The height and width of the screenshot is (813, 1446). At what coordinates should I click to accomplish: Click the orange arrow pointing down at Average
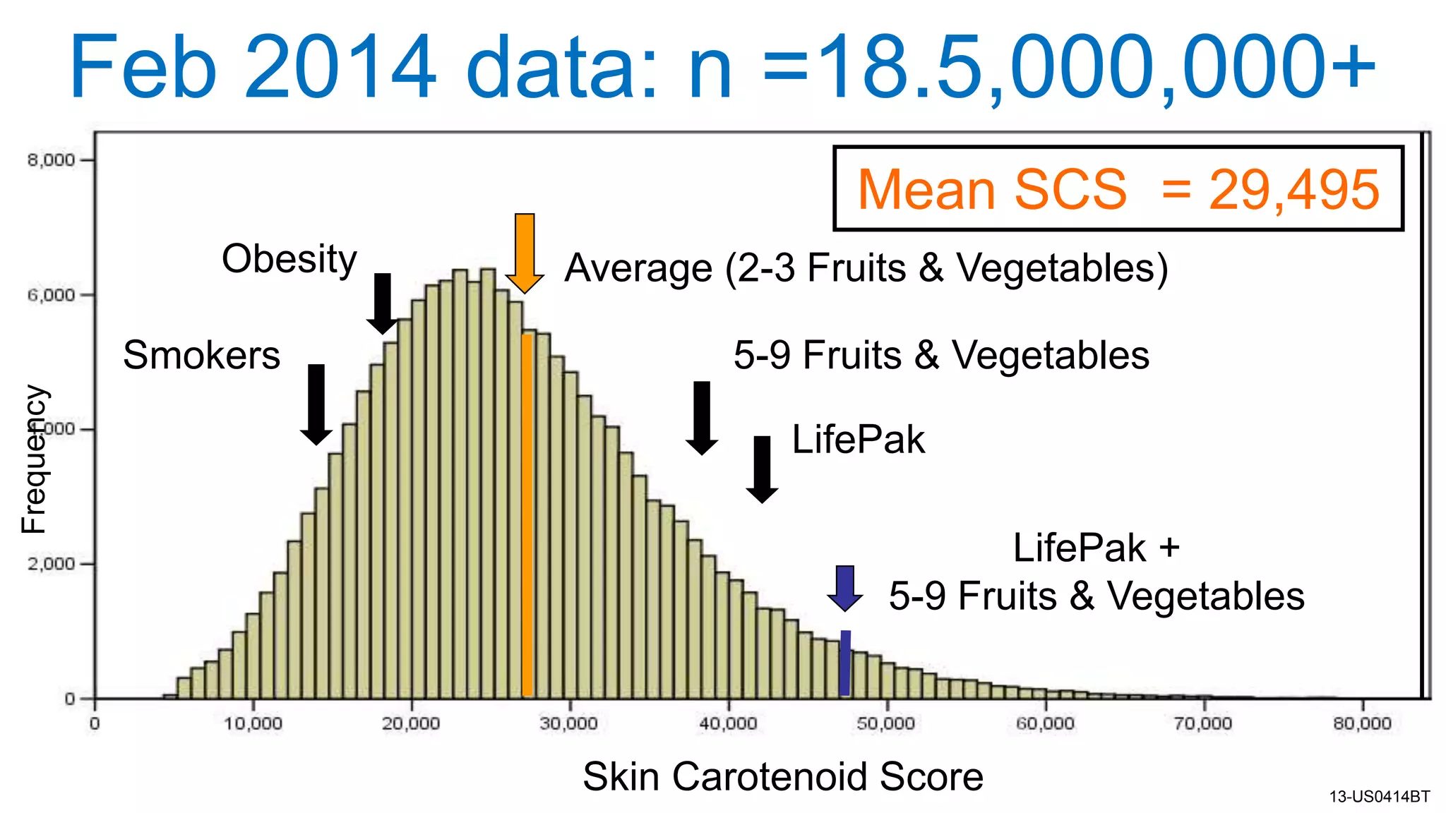[x=525, y=253]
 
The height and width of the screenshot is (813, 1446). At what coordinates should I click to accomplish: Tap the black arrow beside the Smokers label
[x=316, y=404]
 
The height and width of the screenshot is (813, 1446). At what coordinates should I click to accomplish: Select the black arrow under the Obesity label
[x=382, y=303]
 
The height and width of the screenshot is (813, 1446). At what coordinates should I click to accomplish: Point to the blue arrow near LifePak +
[x=844, y=587]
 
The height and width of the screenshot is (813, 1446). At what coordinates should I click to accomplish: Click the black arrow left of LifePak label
[x=762, y=469]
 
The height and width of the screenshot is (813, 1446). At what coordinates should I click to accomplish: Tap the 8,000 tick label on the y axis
[x=51, y=160]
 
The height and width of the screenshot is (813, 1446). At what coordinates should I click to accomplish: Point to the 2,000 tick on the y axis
[x=51, y=564]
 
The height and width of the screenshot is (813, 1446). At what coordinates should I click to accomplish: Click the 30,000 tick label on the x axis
[x=569, y=723]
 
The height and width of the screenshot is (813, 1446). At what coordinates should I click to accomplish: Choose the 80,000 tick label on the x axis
[x=1362, y=723]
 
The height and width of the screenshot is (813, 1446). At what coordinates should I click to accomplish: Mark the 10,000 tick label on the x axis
[x=253, y=723]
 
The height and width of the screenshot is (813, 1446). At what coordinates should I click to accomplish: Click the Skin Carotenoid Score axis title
[x=782, y=776]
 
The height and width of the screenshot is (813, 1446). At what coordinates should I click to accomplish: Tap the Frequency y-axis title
[x=33, y=459]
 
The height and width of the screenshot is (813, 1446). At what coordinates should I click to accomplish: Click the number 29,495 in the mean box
[x=1293, y=190]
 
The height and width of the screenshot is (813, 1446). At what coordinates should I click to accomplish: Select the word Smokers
[x=201, y=355]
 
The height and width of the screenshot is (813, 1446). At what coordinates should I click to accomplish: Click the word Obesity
[x=289, y=259]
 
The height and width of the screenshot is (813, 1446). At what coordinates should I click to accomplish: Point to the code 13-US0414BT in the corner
[x=1379, y=797]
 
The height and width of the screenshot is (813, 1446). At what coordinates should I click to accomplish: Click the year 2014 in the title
[x=340, y=68]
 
